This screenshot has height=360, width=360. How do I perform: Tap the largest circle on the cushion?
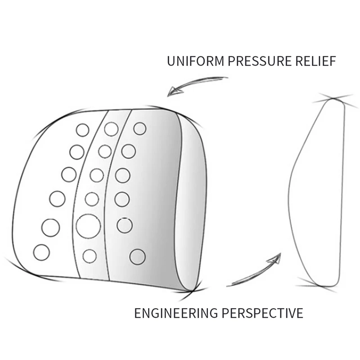pyautogui.click(x=88, y=226)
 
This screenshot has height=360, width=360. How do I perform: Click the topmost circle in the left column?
pyautogui.click(x=82, y=130)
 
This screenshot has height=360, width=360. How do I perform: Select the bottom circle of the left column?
pyautogui.click(x=41, y=252)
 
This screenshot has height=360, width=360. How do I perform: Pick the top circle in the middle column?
pyautogui.click(x=111, y=129)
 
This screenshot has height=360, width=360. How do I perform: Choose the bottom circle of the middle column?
pyautogui.click(x=90, y=256)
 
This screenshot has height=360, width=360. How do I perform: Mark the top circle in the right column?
pyautogui.click(x=140, y=129)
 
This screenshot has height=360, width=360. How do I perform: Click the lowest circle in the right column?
pyautogui.click(x=137, y=256)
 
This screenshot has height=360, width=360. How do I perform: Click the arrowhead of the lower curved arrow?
pyautogui.click(x=275, y=259)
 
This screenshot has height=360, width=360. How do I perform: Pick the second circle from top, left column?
pyautogui.click(x=77, y=152)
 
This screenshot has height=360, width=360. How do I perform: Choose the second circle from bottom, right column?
pyautogui.click(x=125, y=225)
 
